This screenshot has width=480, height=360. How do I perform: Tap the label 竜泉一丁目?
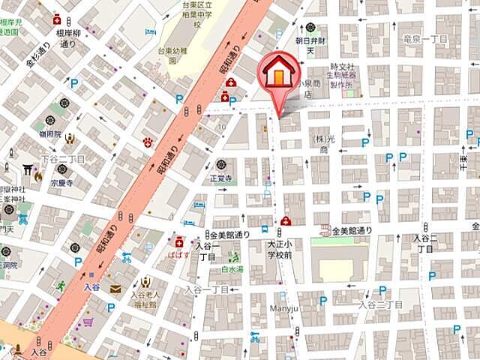(x=424, y=39)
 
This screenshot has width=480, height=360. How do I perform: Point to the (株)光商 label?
(x=322, y=145)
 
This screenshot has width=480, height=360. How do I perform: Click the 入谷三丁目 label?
(x=379, y=304)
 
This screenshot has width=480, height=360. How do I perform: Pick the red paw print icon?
(x=148, y=142)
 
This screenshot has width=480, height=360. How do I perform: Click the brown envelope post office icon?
(x=115, y=289)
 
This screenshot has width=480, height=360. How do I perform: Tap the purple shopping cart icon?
(x=87, y=322)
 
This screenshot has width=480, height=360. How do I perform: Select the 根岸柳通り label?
(x=66, y=39)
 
